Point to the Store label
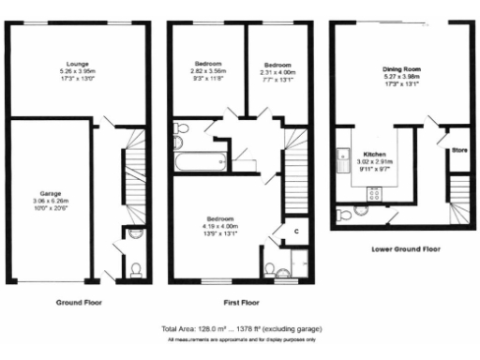tap(458, 147)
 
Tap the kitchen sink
tap(344, 156)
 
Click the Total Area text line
tap(240, 329)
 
